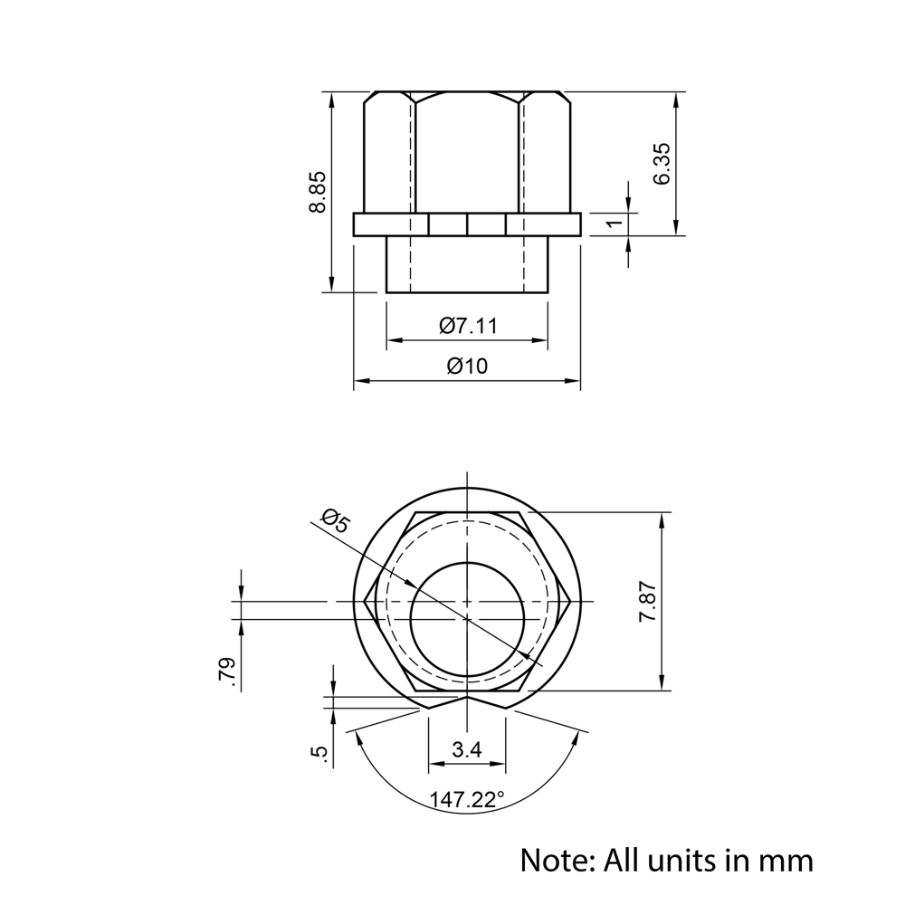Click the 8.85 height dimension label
pyautogui.click(x=317, y=192)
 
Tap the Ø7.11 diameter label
pyautogui.click(x=468, y=326)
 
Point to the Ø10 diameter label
pyautogui.click(x=467, y=367)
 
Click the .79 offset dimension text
pyautogui.click(x=227, y=674)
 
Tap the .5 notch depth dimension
pyautogui.click(x=319, y=753)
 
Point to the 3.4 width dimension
pyautogui.click(x=467, y=749)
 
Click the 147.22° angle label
pyautogui.click(x=467, y=800)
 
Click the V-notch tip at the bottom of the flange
pyautogui.click(x=467, y=698)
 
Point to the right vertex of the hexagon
pyautogui.click(x=569, y=601)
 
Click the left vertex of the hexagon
pyautogui.click(x=365, y=601)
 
